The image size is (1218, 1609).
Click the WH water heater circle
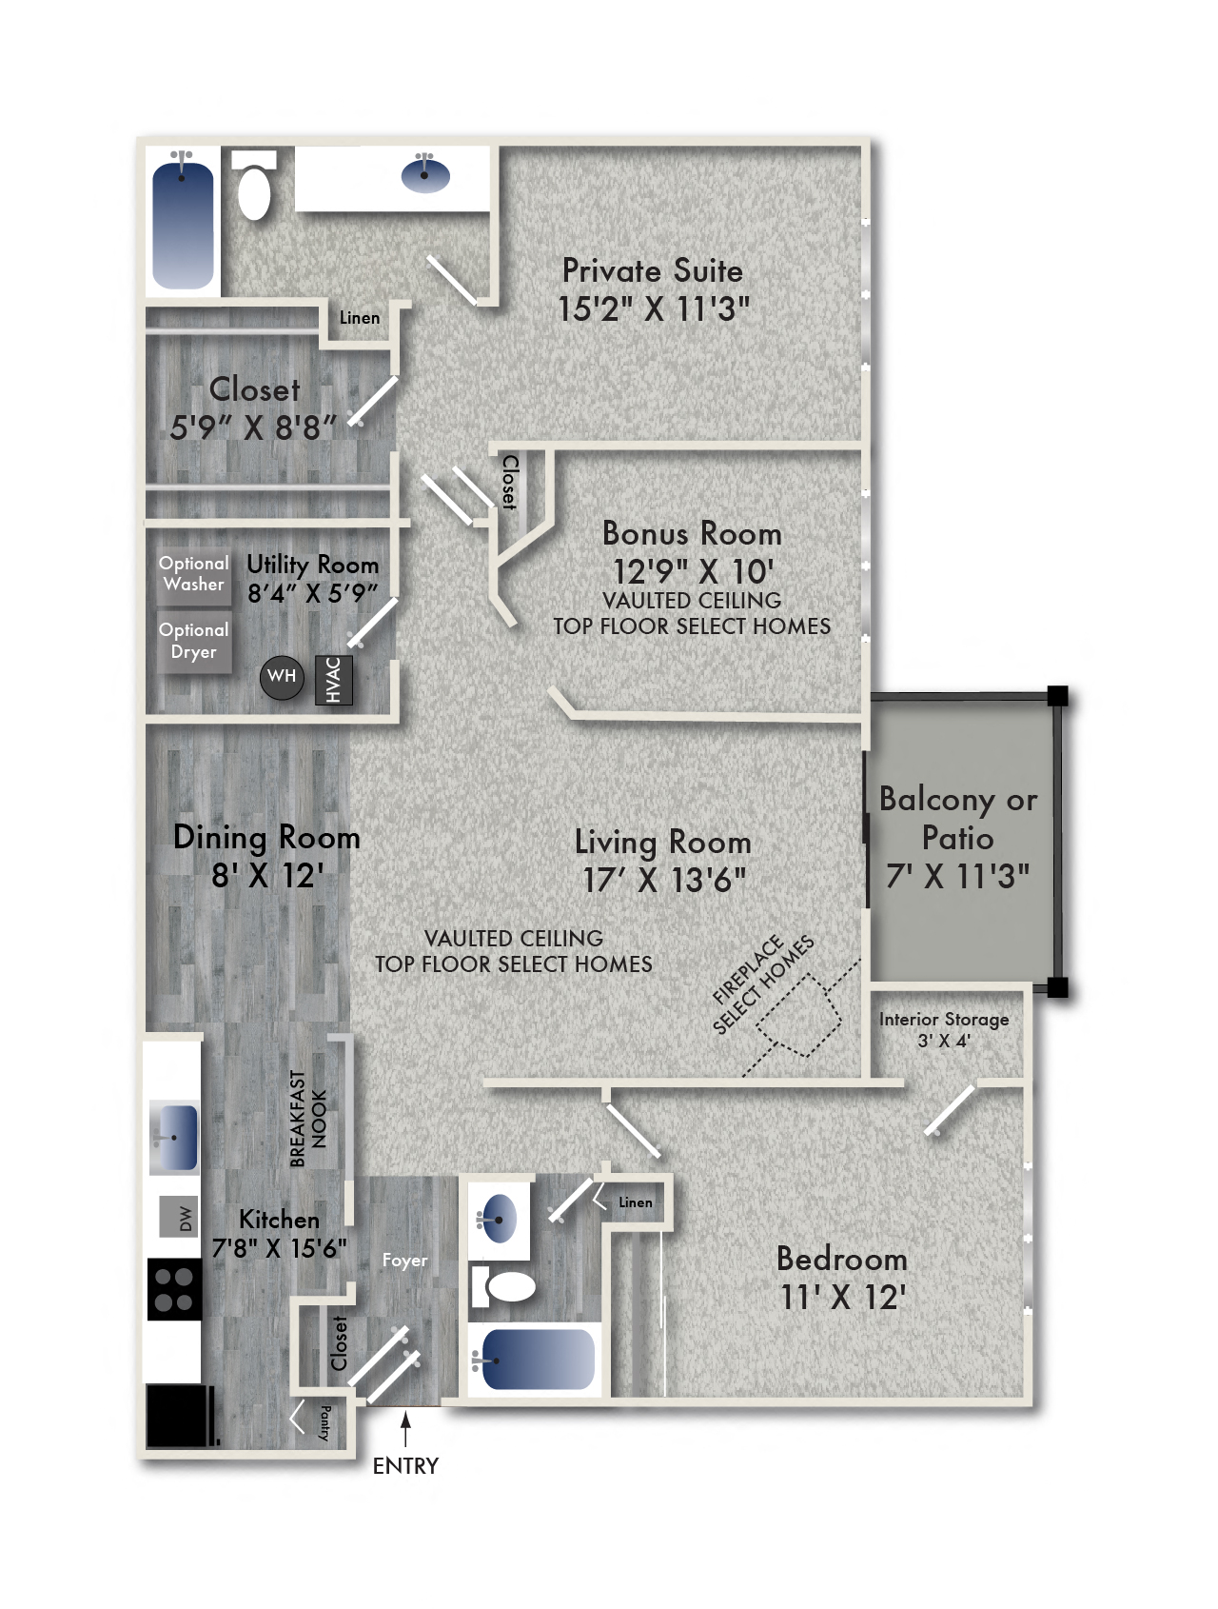click(282, 677)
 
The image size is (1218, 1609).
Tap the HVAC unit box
click(334, 680)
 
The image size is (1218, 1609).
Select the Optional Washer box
click(193, 574)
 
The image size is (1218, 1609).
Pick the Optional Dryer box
click(193, 641)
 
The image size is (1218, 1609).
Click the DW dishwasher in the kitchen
click(179, 1217)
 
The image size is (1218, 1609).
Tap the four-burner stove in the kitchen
click(174, 1289)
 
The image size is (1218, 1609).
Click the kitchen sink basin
click(174, 1137)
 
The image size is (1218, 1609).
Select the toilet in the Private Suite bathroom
click(254, 190)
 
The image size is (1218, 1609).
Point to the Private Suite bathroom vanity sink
click(425, 174)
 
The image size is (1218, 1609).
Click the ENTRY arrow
click(405, 1431)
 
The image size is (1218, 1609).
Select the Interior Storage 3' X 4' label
click(944, 1029)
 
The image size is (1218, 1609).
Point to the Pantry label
click(324, 1422)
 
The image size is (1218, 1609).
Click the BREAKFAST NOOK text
click(308, 1119)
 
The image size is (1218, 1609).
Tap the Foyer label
click(404, 1261)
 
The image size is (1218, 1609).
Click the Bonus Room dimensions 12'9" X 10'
click(693, 571)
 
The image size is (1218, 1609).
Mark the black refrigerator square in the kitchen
click(178, 1416)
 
